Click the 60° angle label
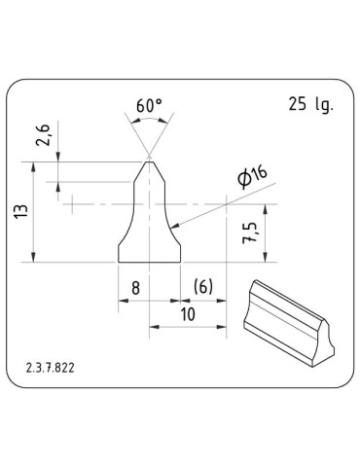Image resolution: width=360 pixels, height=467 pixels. [149, 105]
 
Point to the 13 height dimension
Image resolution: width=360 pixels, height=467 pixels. [20, 210]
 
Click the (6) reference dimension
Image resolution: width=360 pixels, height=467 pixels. [203, 288]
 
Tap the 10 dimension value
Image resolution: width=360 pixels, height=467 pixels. [187, 314]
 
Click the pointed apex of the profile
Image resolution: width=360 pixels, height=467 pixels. [149, 159]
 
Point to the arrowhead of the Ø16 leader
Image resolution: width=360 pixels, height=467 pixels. [176, 229]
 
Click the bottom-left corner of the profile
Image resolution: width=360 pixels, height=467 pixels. [118, 262]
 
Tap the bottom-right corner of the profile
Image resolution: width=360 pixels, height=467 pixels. [181, 262]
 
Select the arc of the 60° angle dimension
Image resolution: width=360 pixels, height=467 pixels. [149, 120]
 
